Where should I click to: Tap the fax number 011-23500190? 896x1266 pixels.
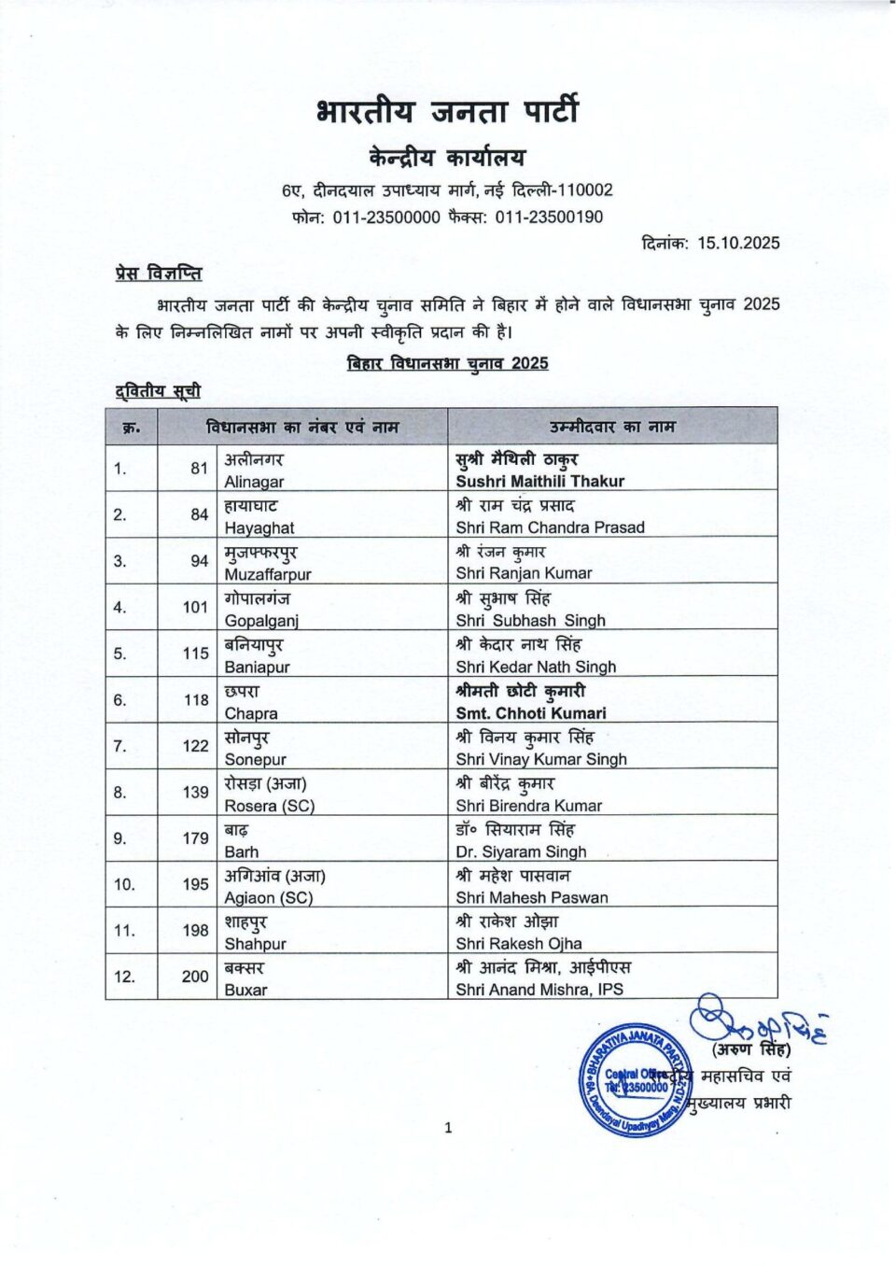coord(549,217)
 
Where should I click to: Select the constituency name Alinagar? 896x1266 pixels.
coord(254,482)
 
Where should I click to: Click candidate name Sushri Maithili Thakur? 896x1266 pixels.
coord(539,482)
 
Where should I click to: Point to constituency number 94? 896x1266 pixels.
coord(199,561)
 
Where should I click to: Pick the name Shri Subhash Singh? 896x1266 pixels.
coord(530,620)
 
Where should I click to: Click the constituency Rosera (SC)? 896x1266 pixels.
coord(269,806)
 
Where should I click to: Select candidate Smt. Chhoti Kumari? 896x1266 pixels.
coord(530,713)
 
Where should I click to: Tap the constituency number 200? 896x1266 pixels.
coord(195,977)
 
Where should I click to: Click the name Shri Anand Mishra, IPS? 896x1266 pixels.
coord(539,990)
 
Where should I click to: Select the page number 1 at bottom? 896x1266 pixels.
coord(448,1128)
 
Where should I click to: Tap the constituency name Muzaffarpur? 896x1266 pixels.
coord(268,574)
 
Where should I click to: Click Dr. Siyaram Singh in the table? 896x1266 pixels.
coord(521,851)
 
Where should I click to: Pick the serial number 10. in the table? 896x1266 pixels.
coord(124,884)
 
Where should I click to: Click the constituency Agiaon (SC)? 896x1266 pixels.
coord(268,898)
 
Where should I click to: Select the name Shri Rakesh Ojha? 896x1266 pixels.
coord(518,944)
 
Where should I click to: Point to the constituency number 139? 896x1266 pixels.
coord(195,792)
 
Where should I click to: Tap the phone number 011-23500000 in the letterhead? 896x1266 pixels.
coord(386,217)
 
